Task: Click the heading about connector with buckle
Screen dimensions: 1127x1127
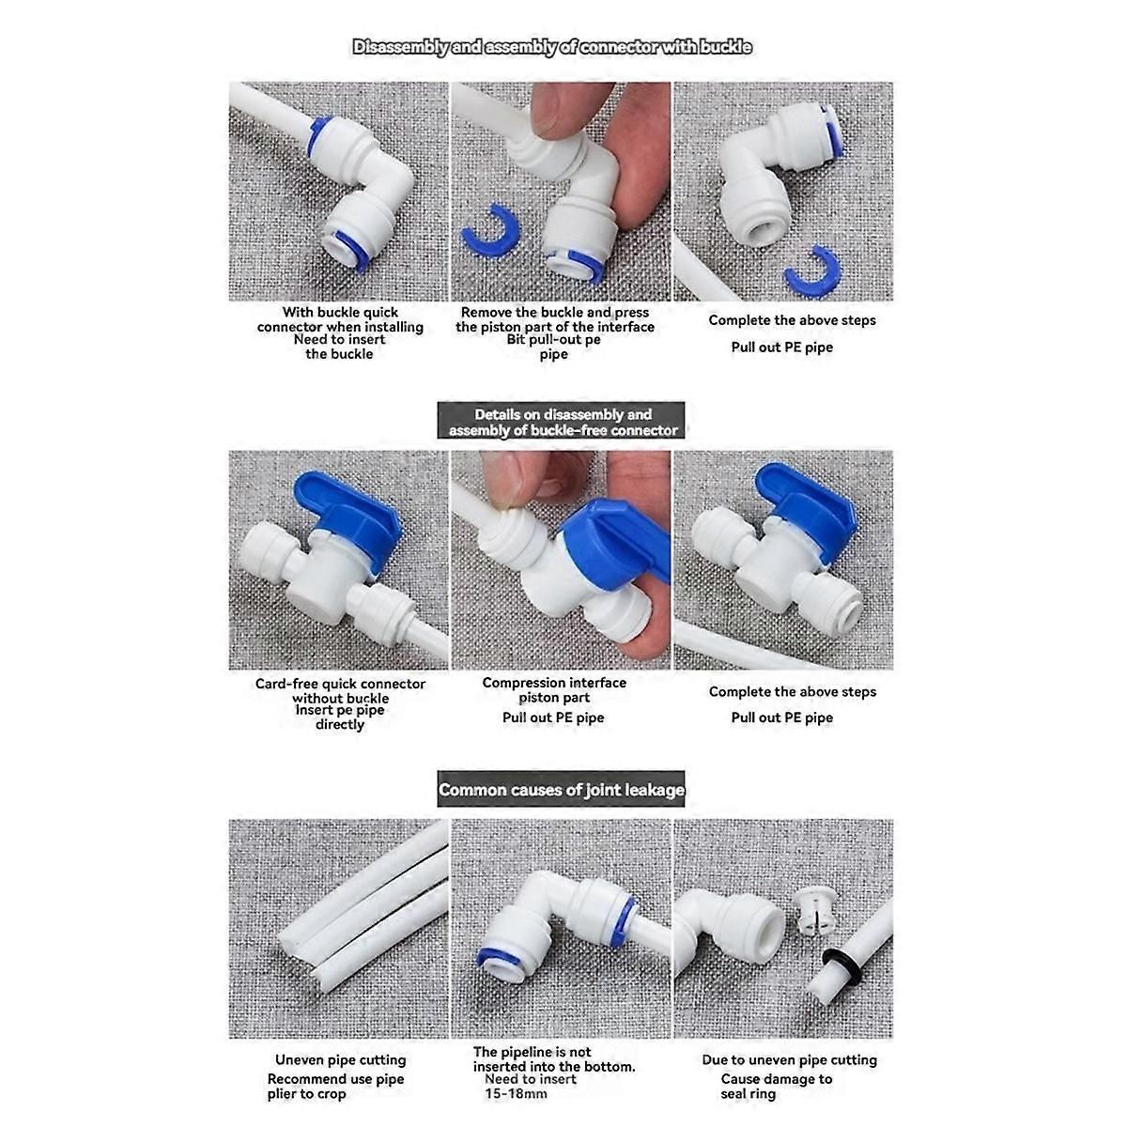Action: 552,47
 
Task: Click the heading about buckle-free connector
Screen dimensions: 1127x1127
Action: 562,422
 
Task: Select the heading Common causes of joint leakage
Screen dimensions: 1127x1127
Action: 562,790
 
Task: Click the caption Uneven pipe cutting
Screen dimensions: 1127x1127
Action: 340,1059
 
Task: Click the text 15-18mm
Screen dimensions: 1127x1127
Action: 517,1094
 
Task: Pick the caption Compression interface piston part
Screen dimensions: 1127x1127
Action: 554,689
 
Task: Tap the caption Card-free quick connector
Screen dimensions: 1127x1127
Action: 340,684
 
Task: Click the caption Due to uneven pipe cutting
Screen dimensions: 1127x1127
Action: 789,1059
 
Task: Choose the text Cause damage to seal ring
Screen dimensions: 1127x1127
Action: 776,1086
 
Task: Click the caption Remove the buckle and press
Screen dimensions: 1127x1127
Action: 554,312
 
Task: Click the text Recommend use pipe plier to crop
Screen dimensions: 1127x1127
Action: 335,1087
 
